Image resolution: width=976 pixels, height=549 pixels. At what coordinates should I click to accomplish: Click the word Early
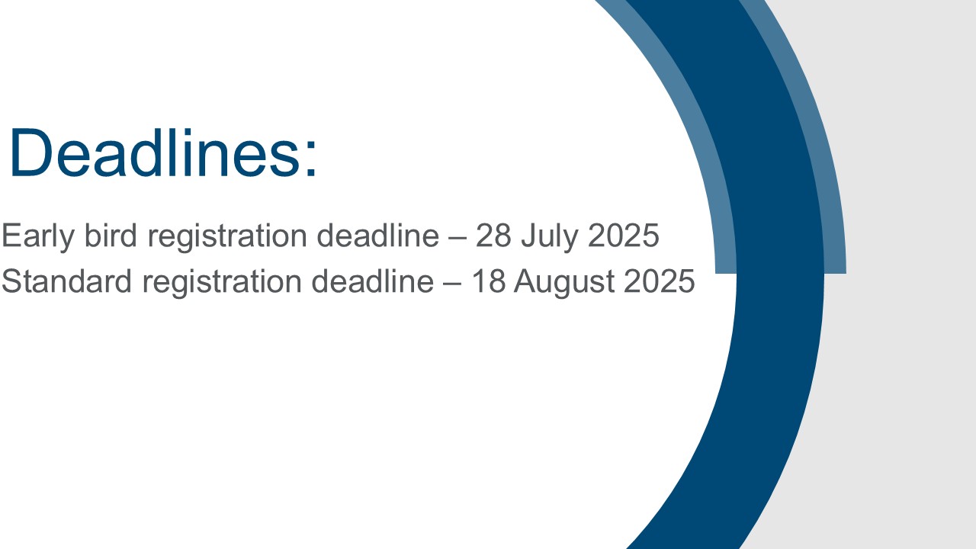[x=38, y=236]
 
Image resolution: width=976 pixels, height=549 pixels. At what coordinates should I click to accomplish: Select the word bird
[x=111, y=236]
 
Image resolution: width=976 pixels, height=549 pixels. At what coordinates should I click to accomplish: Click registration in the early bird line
[x=227, y=237]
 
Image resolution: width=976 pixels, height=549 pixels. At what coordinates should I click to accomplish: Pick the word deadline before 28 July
[x=377, y=236]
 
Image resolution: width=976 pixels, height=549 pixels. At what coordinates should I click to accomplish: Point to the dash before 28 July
[x=457, y=238]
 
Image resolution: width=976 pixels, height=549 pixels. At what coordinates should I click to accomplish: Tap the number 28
[x=493, y=236]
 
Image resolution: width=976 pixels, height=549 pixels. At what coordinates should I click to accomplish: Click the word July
[x=550, y=237]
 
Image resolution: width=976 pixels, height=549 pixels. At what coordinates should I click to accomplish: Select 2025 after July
[x=624, y=236]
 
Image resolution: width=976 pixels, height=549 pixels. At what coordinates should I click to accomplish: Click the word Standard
[x=66, y=281]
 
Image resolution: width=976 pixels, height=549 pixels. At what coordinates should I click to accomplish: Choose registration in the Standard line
[x=222, y=283]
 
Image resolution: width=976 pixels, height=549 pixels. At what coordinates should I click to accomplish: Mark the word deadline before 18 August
[x=373, y=281]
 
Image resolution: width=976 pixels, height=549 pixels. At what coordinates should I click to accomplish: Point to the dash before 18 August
[x=452, y=284]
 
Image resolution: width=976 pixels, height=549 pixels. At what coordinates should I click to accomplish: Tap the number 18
[x=489, y=281]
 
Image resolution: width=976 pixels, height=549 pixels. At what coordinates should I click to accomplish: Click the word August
[x=564, y=283]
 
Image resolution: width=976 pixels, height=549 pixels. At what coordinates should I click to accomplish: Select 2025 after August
[x=660, y=281]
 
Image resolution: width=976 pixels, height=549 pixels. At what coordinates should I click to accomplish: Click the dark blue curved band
[x=780, y=274]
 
